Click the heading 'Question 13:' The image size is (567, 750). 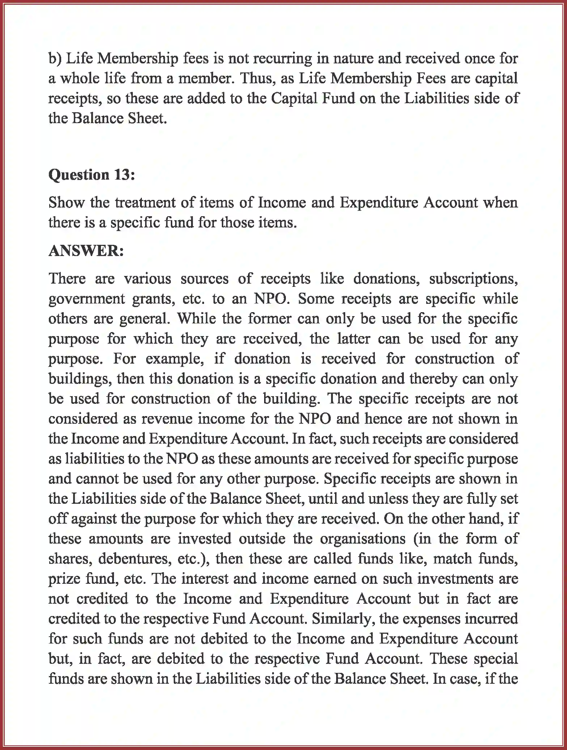tap(92, 175)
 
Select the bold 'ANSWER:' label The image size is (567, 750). tap(86, 251)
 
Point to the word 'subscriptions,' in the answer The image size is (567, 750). tap(473, 279)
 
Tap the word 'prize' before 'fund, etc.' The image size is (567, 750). tap(63, 579)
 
